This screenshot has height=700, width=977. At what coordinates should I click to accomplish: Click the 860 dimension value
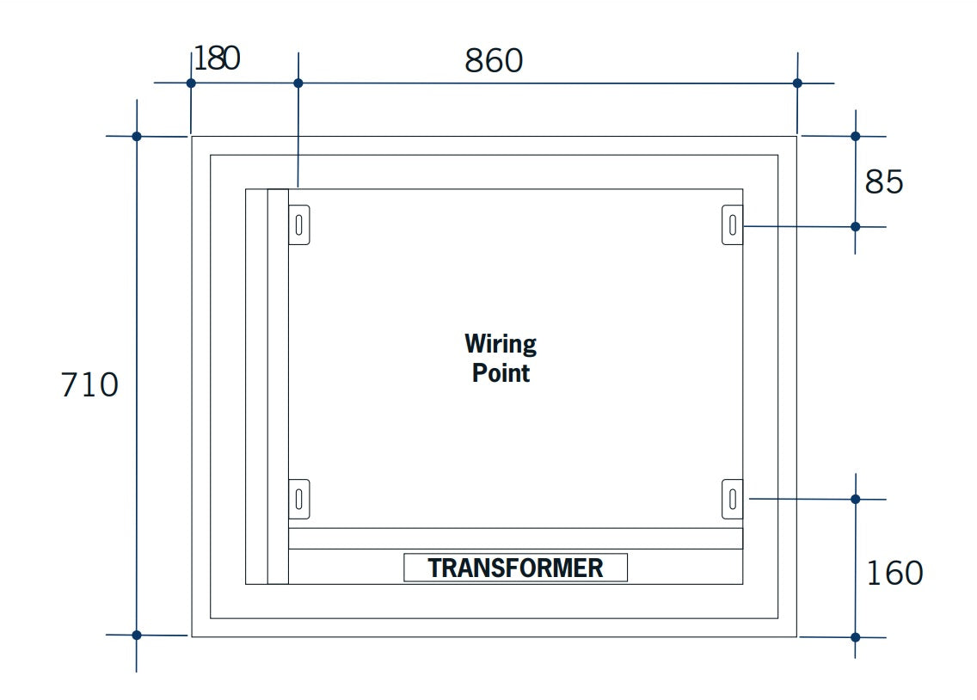click(x=494, y=61)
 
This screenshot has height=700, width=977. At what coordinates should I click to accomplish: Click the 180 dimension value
click(x=217, y=58)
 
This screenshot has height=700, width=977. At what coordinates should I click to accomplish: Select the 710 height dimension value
click(x=89, y=384)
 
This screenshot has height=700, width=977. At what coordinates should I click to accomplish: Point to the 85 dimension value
click(x=884, y=182)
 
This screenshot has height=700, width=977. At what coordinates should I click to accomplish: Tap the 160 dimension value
click(x=894, y=573)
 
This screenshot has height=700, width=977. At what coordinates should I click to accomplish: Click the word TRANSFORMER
click(x=515, y=568)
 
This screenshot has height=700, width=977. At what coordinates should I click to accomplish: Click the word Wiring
click(x=501, y=344)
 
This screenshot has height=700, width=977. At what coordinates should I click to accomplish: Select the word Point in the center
click(x=501, y=373)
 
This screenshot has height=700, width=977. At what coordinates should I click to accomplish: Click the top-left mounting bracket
click(x=298, y=225)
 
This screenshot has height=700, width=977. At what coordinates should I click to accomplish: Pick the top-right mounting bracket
click(x=732, y=225)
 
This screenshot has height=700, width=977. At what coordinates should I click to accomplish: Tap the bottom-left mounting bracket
click(x=298, y=499)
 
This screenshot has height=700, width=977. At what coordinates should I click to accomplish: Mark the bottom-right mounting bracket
click(x=732, y=499)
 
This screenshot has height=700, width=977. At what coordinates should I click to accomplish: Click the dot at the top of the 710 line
click(x=137, y=136)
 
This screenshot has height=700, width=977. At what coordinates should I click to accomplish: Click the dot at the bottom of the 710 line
click(x=137, y=635)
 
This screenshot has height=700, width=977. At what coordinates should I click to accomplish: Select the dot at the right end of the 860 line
click(x=797, y=83)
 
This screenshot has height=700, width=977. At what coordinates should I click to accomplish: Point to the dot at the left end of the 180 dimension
click(x=191, y=83)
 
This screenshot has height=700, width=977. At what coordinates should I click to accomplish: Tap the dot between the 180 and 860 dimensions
click(x=298, y=83)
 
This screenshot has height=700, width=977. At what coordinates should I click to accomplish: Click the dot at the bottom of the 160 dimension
click(x=855, y=637)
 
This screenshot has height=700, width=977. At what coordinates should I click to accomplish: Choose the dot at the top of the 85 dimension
click(x=855, y=136)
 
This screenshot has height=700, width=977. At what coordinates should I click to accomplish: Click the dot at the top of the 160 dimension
click(x=855, y=499)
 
